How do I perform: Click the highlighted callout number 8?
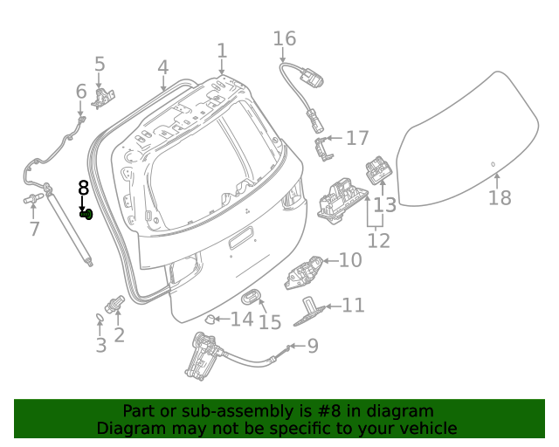click(x=84, y=187)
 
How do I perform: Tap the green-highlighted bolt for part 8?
click(x=86, y=214)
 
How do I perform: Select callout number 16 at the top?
click(x=285, y=39)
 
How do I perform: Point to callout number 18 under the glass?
click(x=500, y=198)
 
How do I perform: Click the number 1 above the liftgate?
click(x=222, y=51)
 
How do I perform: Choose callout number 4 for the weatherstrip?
click(x=163, y=67)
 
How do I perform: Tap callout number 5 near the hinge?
click(x=100, y=64)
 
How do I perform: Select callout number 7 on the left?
click(x=34, y=229)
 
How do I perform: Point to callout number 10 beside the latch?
click(x=349, y=260)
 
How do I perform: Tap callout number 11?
click(x=353, y=306)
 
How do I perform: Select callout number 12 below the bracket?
click(x=378, y=240)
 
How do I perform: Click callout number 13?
click(x=385, y=205)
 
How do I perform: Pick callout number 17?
click(x=357, y=138)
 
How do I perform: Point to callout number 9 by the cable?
click(x=312, y=347)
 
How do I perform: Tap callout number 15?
click(x=270, y=322)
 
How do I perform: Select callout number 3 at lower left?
click(x=101, y=346)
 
